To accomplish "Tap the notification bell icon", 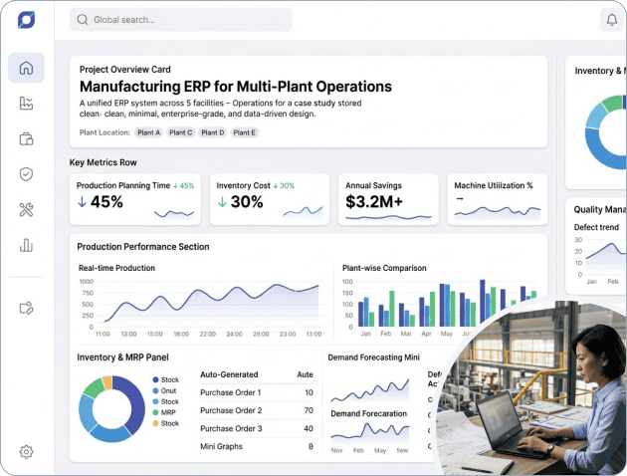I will (x=611, y=20).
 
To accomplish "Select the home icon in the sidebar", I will (x=26, y=68).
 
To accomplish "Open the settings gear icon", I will (x=26, y=452).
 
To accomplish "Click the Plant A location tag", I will (x=148, y=132).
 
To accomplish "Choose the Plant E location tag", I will (x=244, y=132).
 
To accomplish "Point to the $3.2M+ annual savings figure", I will (x=374, y=202).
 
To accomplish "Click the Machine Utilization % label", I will (x=493, y=185).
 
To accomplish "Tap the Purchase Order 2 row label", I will (x=231, y=410).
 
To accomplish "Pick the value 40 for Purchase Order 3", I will (x=308, y=428).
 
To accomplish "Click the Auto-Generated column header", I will (x=230, y=374).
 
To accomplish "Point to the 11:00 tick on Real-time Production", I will (x=102, y=335).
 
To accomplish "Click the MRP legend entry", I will (x=169, y=412).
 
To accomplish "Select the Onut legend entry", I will (x=169, y=390).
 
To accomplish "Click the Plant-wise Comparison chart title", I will (x=384, y=268).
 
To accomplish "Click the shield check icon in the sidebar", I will (x=26, y=174).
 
